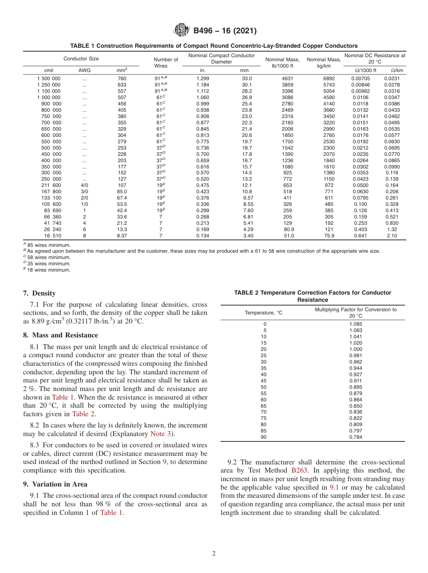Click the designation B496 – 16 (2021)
[x=225, y=31]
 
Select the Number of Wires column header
[x=166, y=63]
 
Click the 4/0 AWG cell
[x=84, y=185]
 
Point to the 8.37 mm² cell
[x=122, y=236]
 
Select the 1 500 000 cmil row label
[x=49, y=78]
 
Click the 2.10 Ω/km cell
[x=392, y=236]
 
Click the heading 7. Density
[x=39, y=293]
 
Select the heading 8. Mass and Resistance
[x=60, y=335]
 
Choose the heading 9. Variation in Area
[x=55, y=484]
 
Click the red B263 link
[x=300, y=471]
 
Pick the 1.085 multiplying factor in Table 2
[x=355, y=324]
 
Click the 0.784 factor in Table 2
[x=355, y=437]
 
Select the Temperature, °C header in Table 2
[x=264, y=313]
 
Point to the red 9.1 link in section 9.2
[x=334, y=487]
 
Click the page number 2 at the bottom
[x=214, y=554]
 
